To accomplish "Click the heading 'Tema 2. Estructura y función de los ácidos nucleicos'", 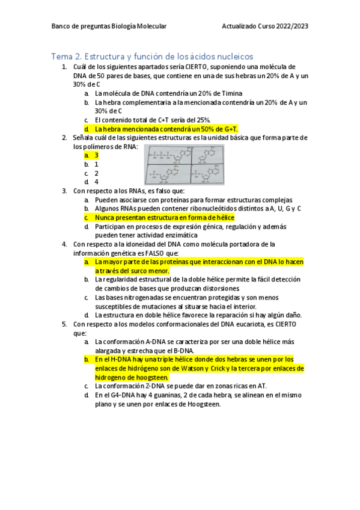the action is point(153,56).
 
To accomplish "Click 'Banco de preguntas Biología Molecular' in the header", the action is point(109,26).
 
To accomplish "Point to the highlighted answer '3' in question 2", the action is point(96,155).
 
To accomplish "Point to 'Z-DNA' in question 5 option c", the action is point(153,386).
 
